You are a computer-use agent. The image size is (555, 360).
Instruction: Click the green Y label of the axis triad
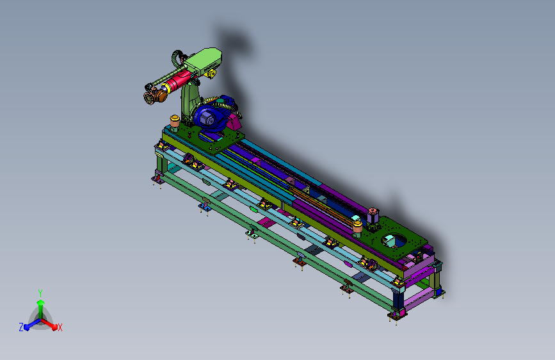coord(40,293)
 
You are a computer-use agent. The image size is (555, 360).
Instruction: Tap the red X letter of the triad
coord(60,327)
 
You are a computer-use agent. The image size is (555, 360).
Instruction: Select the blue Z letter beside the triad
coord(21,327)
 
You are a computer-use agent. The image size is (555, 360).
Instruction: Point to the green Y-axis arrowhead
coord(41,303)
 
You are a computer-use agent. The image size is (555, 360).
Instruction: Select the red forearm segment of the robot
coord(179,81)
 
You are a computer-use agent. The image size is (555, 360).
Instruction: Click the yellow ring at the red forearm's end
coord(166,88)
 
